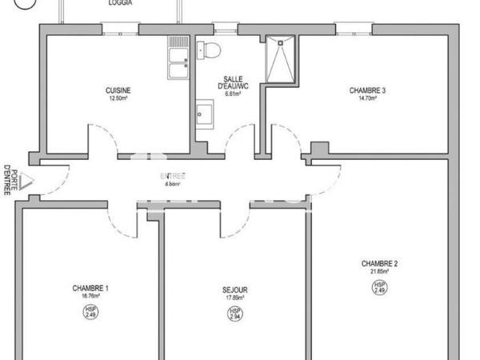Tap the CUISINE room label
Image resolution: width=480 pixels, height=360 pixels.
point(118,90)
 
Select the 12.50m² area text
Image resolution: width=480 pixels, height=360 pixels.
point(118,98)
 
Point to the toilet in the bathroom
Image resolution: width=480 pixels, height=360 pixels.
point(211,50)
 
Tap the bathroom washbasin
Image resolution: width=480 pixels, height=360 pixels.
point(203,112)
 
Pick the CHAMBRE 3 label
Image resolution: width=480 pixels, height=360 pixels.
point(368,90)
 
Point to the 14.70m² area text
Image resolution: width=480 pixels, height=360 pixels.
point(368,98)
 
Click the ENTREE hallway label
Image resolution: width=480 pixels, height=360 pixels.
point(171,175)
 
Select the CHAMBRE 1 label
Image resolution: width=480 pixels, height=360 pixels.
point(90,288)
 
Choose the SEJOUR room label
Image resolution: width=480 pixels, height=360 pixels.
point(235,290)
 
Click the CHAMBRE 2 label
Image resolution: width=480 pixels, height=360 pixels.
point(379,264)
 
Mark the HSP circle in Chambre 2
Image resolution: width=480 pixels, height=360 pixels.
point(380,286)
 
